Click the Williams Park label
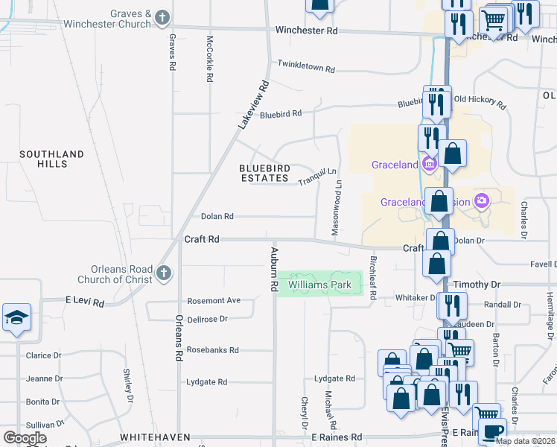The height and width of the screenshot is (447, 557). pos(319,285)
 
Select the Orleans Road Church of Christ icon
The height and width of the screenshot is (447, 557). pos(165,274)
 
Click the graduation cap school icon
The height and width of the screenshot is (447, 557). pos(16,319)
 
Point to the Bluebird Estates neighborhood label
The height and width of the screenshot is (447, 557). pos(264,173)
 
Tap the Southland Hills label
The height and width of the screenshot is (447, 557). pos(51,159)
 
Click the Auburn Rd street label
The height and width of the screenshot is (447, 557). pos(274,269)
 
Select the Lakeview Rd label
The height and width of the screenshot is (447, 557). pos(252,104)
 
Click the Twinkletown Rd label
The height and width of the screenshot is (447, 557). pos(306,67)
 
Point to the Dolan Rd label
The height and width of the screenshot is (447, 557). pos(217,217)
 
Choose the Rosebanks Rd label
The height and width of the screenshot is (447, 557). pos(212,349)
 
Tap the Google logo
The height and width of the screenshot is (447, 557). pos(25,438)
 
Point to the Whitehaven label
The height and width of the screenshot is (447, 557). pos(154,437)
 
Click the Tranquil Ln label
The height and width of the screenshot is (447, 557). pos(318,177)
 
